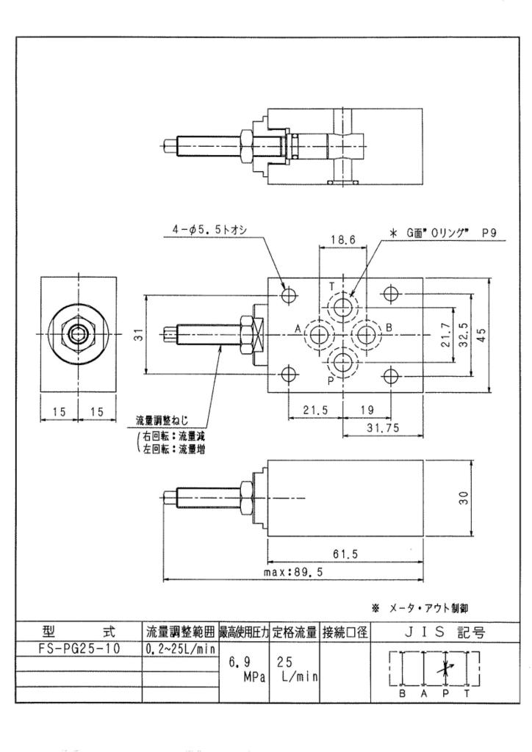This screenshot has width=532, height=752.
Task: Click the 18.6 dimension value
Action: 343,240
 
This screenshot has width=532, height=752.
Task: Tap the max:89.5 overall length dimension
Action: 293,572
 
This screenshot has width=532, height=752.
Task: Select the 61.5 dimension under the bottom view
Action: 345,554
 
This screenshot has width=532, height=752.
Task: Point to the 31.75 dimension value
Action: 383,428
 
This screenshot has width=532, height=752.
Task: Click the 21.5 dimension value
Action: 315,410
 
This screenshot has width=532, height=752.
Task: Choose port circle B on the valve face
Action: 367,333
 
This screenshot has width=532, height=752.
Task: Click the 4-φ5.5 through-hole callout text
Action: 209,230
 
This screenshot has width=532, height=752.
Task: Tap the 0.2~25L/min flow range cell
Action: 180,649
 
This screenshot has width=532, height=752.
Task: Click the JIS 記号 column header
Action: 445,632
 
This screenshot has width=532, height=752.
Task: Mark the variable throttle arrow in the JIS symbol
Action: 446,667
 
